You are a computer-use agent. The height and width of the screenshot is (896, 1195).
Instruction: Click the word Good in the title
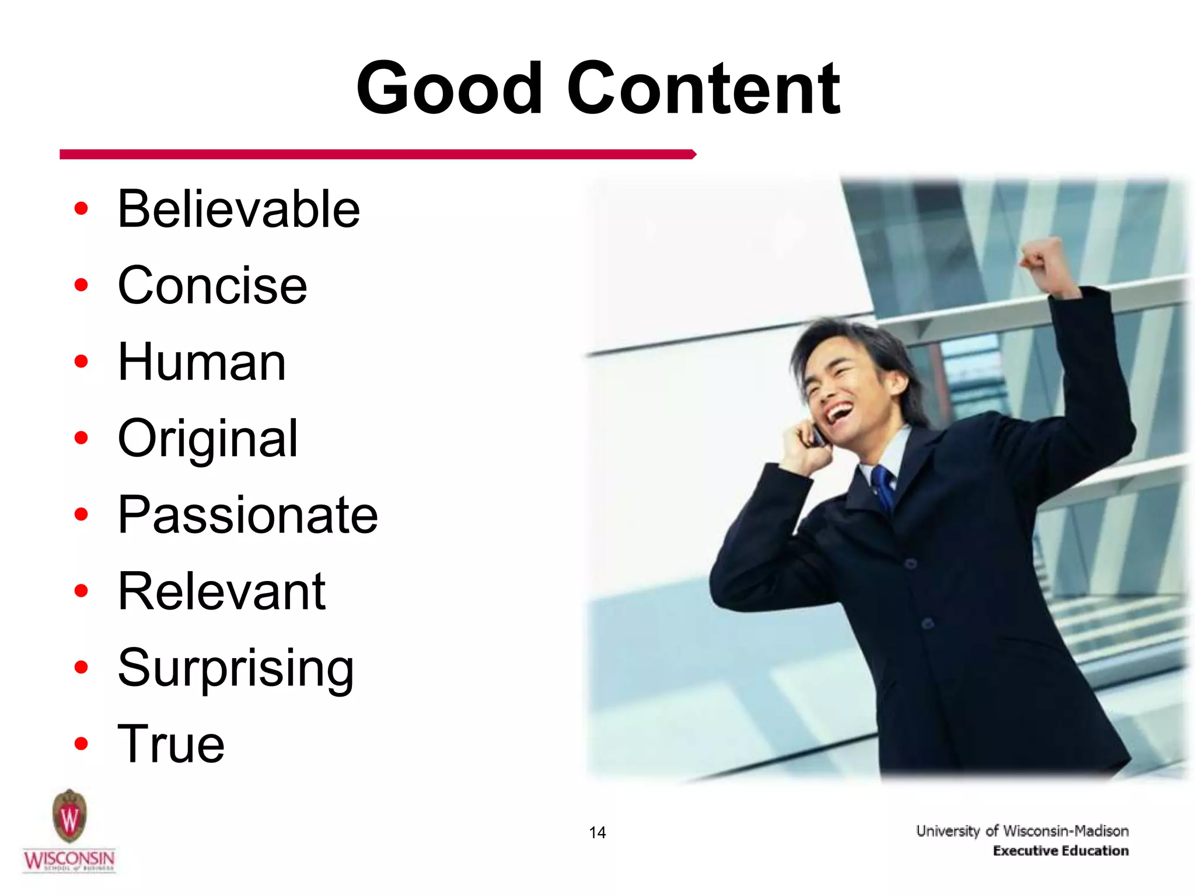pyautogui.click(x=449, y=89)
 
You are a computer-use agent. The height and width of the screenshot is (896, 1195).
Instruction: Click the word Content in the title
pyautogui.click(x=703, y=89)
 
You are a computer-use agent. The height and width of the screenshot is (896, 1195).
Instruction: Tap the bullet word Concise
pyautogui.click(x=212, y=285)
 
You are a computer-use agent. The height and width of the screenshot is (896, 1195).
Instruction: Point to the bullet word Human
pyautogui.click(x=201, y=362)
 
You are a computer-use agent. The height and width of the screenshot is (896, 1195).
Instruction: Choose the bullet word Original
pyautogui.click(x=207, y=439)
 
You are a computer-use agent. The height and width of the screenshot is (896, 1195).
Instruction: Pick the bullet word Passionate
pyautogui.click(x=247, y=515)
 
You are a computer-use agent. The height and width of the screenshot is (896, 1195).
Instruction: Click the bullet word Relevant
pyautogui.click(x=221, y=591)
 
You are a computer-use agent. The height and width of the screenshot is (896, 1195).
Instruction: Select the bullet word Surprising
pyautogui.click(x=235, y=668)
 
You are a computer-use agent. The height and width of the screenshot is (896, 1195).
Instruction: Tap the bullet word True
pyautogui.click(x=170, y=744)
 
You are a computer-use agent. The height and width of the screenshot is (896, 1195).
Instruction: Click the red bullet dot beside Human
pyautogui.click(x=81, y=362)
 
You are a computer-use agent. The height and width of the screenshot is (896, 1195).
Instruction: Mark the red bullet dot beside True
pyautogui.click(x=81, y=744)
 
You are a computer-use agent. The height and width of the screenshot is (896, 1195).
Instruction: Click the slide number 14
pyautogui.click(x=597, y=832)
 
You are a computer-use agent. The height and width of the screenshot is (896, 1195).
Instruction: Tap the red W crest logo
pyautogui.click(x=69, y=816)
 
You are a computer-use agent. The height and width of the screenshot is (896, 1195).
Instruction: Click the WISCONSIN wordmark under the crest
pyautogui.click(x=69, y=859)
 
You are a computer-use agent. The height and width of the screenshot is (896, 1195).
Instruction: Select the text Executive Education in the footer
pyautogui.click(x=1060, y=851)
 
